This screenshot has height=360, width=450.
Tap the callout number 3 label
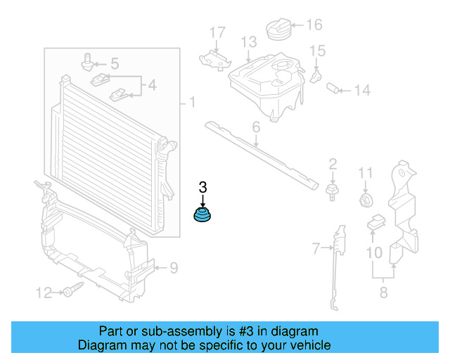click(203, 187)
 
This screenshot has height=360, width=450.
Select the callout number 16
click(314, 25)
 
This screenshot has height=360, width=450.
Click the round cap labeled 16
click(278, 31)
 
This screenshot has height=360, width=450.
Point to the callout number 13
click(248, 43)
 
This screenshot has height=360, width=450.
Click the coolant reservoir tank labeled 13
click(266, 83)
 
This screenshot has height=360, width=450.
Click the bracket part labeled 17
click(214, 60)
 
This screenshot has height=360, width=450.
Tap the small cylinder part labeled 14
click(334, 89)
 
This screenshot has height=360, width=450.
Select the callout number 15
click(318, 51)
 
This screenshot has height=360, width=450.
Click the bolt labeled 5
click(89, 62)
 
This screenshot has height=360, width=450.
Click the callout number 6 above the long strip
click(256, 127)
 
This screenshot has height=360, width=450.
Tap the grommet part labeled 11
click(365, 200)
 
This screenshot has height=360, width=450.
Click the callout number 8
click(383, 292)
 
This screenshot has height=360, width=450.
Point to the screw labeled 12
click(72, 289)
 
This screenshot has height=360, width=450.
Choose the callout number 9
click(173, 267)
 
